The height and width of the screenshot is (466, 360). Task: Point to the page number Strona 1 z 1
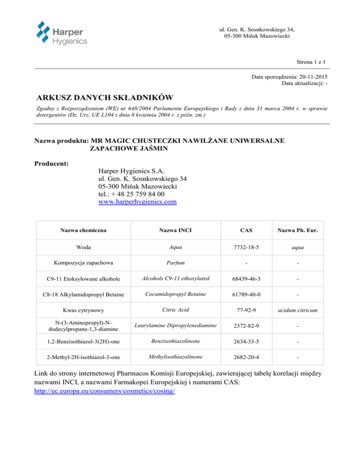click(311, 61)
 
